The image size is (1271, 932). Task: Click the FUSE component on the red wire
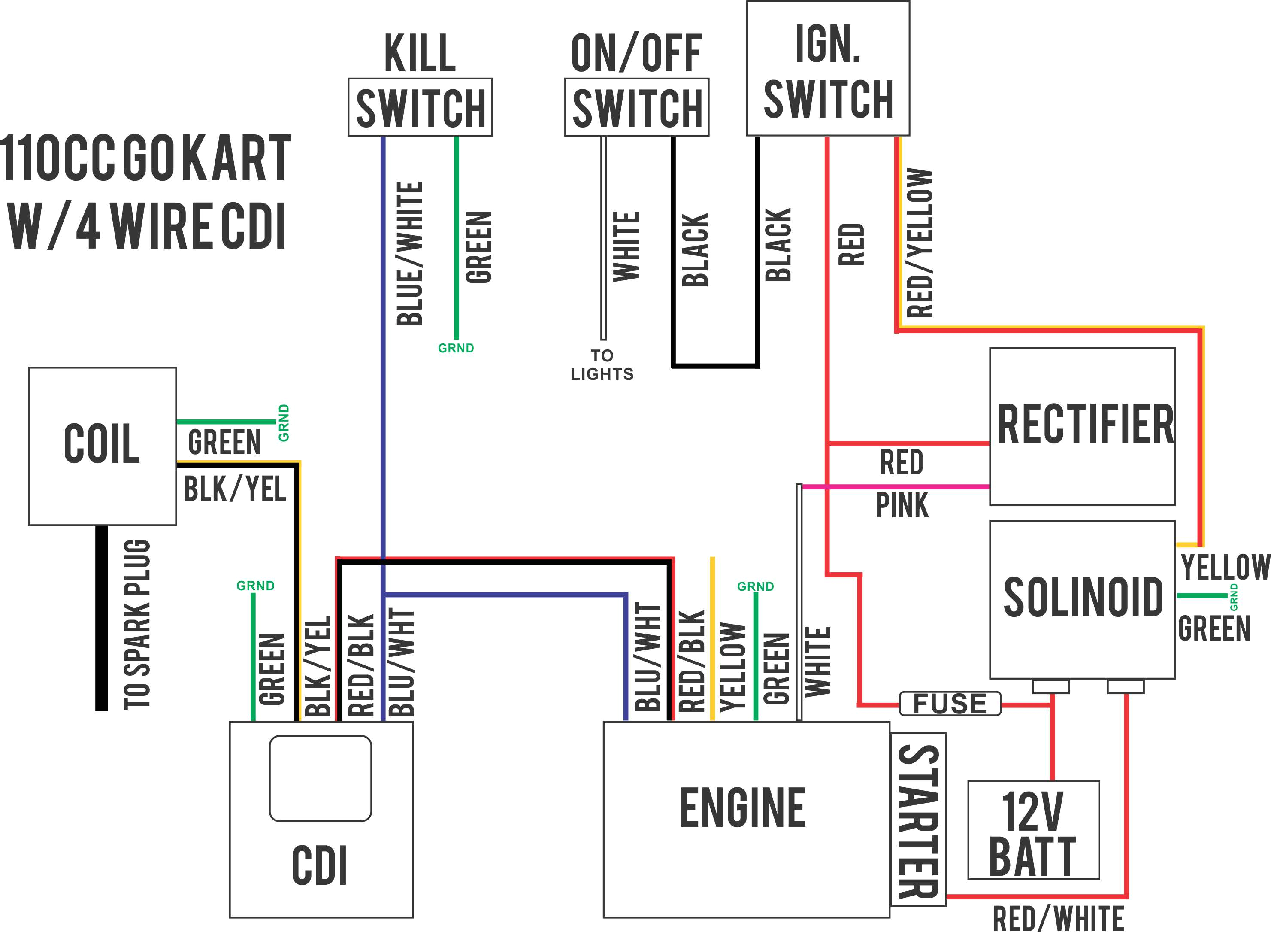tap(950, 704)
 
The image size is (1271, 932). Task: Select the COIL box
tap(102, 446)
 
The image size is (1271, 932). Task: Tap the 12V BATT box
tap(1033, 830)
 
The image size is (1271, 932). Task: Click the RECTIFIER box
tap(1082, 426)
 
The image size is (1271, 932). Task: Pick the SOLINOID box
tap(1082, 599)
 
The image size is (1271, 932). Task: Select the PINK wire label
tap(901, 505)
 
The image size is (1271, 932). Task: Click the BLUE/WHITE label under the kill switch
tap(410, 254)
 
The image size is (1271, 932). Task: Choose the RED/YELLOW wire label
tap(919, 243)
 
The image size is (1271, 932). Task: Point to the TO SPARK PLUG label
tap(137, 624)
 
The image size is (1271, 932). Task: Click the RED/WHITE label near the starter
tap(1058, 918)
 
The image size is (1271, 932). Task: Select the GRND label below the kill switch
tap(456, 348)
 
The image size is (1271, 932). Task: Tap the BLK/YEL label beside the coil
tap(235, 489)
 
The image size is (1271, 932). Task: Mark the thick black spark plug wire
tap(102, 618)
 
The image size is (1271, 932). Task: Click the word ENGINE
tap(743, 808)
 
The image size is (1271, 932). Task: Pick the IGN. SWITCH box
tap(827, 69)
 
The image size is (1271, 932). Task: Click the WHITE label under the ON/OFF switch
tap(626, 246)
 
